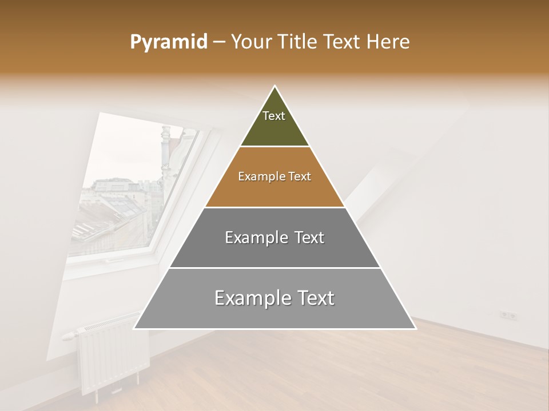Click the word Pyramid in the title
point(169,42)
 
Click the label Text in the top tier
point(274,116)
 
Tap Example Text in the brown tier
point(274,176)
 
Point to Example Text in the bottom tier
point(274,298)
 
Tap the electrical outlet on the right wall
point(508,315)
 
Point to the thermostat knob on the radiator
point(68,336)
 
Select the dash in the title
point(218,42)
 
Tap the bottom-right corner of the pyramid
point(415,329)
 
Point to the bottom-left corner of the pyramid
point(134,329)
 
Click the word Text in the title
point(343,42)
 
